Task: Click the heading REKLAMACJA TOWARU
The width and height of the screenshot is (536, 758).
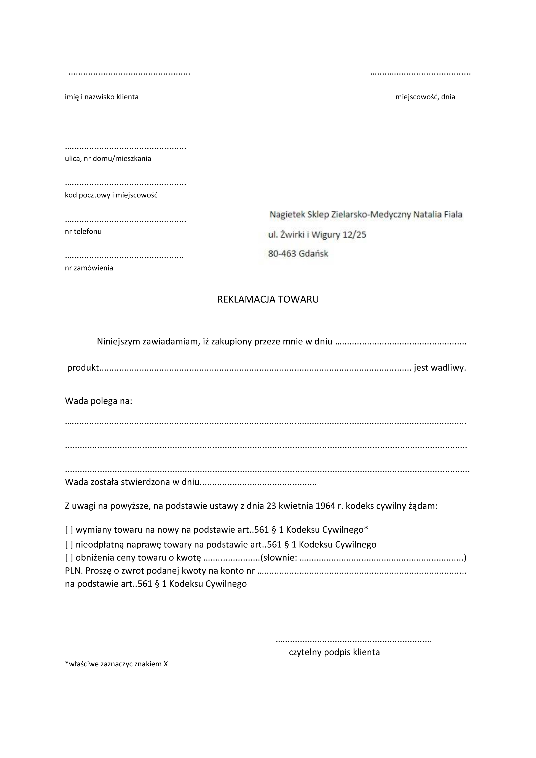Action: point(268,299)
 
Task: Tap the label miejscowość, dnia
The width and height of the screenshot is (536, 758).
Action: point(425,97)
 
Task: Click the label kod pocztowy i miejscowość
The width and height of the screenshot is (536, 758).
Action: point(111,195)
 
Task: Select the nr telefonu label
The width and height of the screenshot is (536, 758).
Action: point(83,231)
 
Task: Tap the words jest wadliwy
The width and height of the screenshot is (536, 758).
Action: point(440,368)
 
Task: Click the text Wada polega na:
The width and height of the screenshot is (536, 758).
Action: point(98,401)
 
